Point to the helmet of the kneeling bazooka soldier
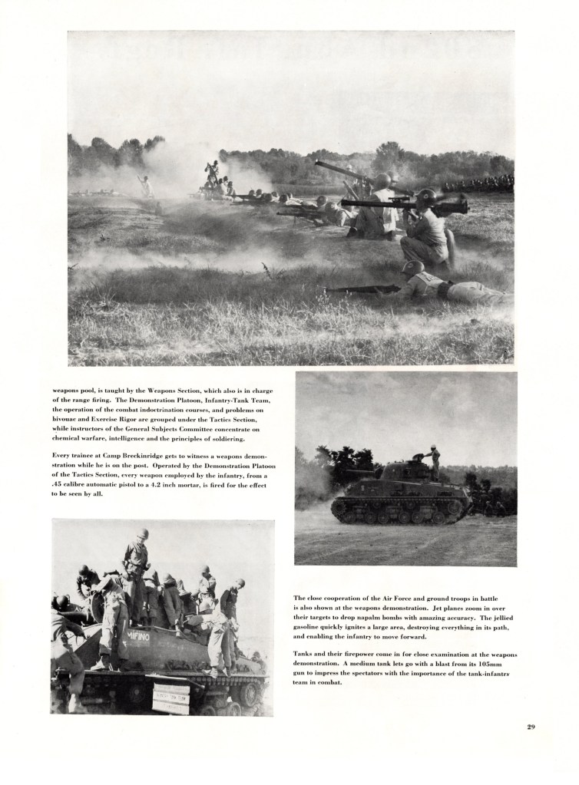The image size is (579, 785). coord(427,196)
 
